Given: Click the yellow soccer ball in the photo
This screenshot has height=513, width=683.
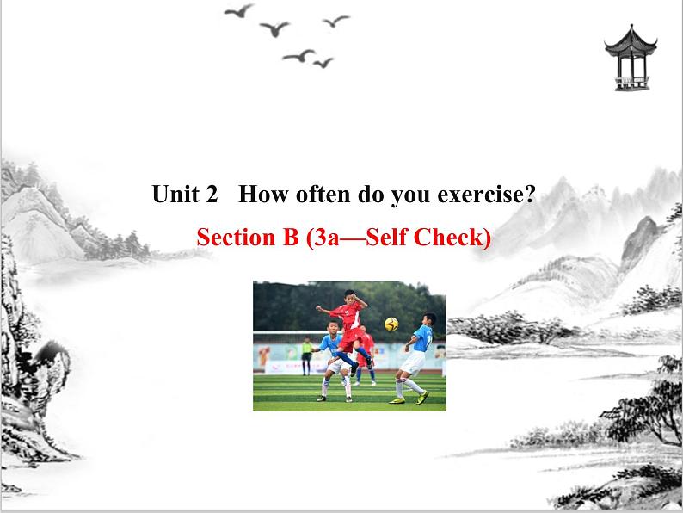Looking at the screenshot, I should tap(391, 324).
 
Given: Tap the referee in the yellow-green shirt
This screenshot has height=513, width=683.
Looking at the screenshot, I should tap(307, 348).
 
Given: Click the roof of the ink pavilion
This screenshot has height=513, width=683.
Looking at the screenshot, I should tap(631, 39).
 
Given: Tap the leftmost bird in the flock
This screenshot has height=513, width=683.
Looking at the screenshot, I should tap(239, 11).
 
